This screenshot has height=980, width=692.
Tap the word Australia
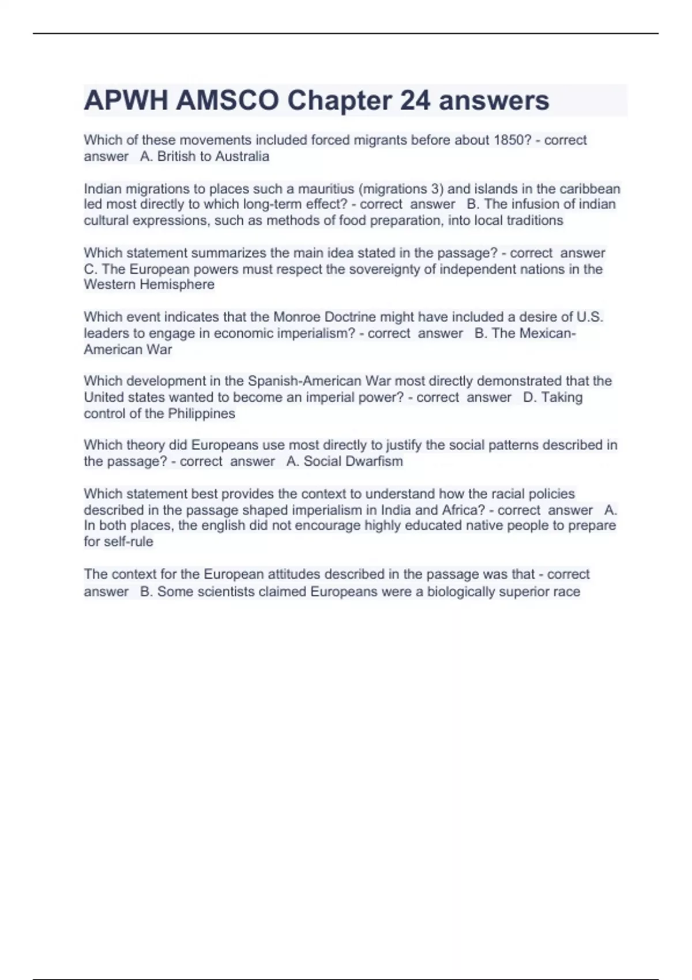pos(242,157)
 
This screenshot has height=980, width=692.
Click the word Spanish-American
pos(305,381)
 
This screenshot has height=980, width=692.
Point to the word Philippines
pos(202,414)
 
